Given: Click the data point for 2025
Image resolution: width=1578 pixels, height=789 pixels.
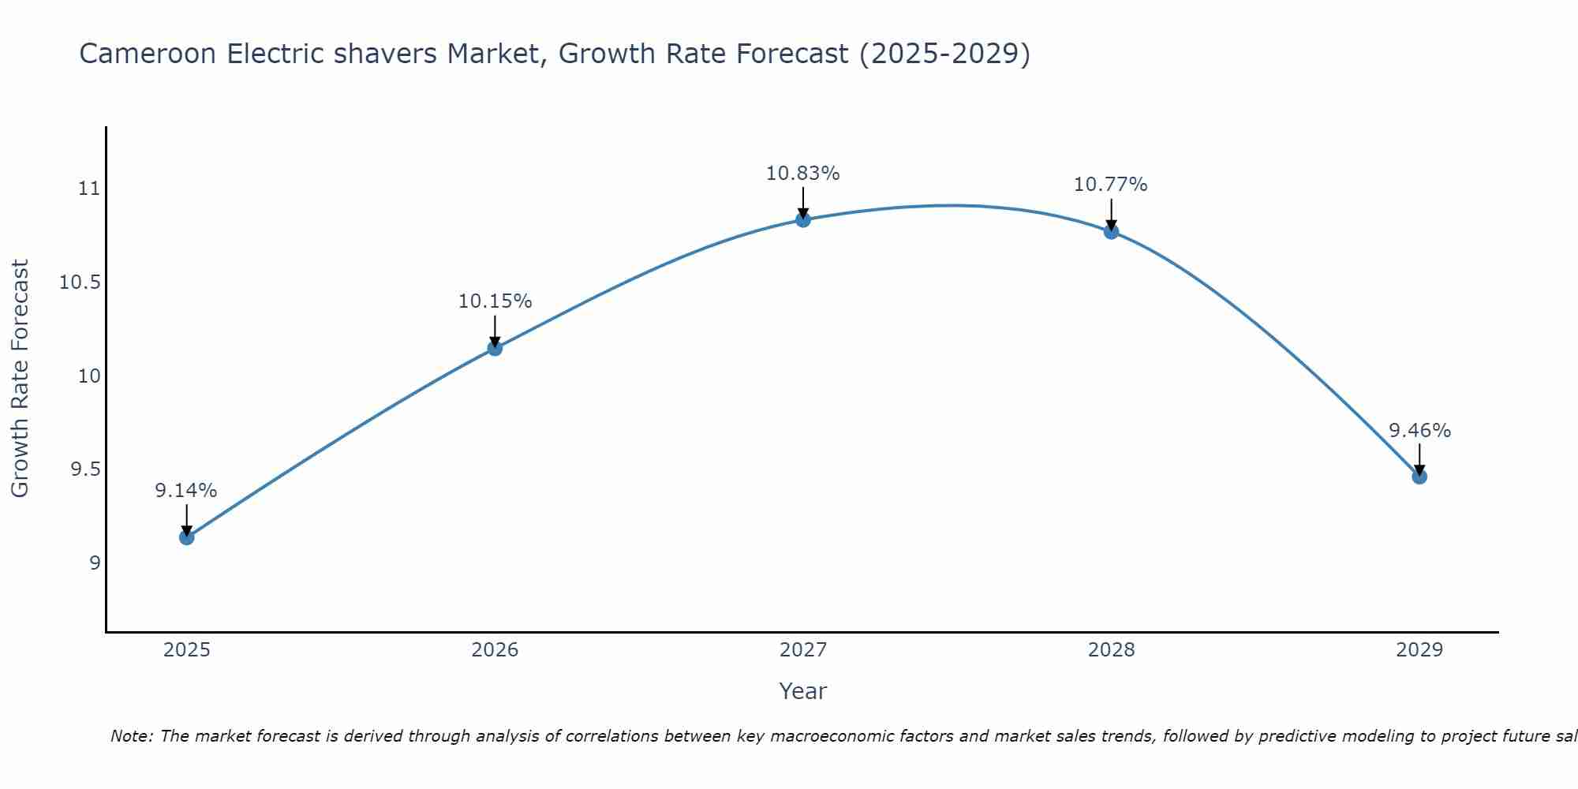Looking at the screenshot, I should tap(186, 537).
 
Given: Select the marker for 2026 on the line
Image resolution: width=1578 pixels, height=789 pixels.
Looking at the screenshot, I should tap(495, 348).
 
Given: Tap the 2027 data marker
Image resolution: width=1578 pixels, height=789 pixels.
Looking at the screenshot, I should tap(803, 219).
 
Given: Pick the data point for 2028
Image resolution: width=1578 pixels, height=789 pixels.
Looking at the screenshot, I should tap(1111, 231).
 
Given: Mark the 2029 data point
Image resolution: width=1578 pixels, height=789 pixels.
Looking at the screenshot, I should tap(1419, 477).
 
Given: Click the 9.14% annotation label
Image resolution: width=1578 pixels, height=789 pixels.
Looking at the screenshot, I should tap(186, 491).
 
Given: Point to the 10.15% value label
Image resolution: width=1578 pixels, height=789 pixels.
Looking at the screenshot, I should tap(495, 301).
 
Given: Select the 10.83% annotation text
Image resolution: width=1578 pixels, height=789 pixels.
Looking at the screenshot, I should tap(803, 174).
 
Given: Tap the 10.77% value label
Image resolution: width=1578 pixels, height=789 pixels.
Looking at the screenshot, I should tap(1111, 185).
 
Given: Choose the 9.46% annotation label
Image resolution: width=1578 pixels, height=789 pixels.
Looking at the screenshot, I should tap(1419, 431).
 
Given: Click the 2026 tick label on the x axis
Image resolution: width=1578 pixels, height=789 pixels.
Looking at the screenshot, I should tap(495, 650).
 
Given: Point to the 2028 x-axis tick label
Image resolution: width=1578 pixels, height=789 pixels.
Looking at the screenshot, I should tap(1111, 650).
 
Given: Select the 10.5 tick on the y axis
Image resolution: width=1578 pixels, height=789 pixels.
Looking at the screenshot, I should tap(80, 282).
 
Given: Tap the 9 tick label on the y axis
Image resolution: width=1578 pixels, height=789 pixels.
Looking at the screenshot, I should tap(95, 563).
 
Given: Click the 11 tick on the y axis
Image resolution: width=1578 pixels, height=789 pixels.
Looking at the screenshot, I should tap(89, 189).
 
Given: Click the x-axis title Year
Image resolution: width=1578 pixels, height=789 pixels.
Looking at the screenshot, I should tap(803, 691).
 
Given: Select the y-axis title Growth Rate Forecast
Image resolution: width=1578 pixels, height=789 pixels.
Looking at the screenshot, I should tap(20, 379).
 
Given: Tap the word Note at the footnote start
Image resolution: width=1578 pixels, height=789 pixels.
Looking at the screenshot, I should tap(131, 736).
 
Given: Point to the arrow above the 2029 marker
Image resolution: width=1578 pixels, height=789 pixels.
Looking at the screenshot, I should tap(1419, 458).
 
